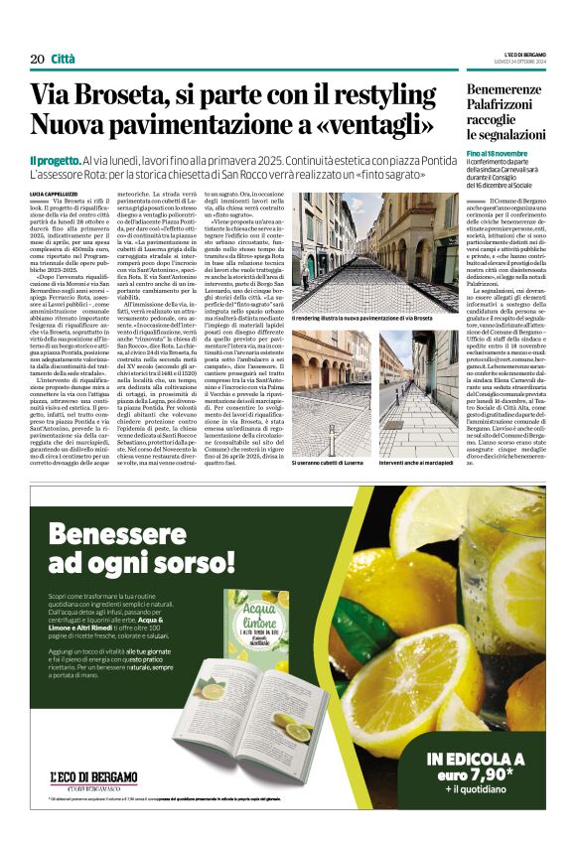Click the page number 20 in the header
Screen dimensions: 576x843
(x=37, y=59)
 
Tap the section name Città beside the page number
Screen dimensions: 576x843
(x=63, y=59)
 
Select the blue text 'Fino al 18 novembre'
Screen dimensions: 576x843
(x=497, y=154)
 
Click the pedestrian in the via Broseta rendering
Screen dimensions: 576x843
(x=306, y=270)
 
